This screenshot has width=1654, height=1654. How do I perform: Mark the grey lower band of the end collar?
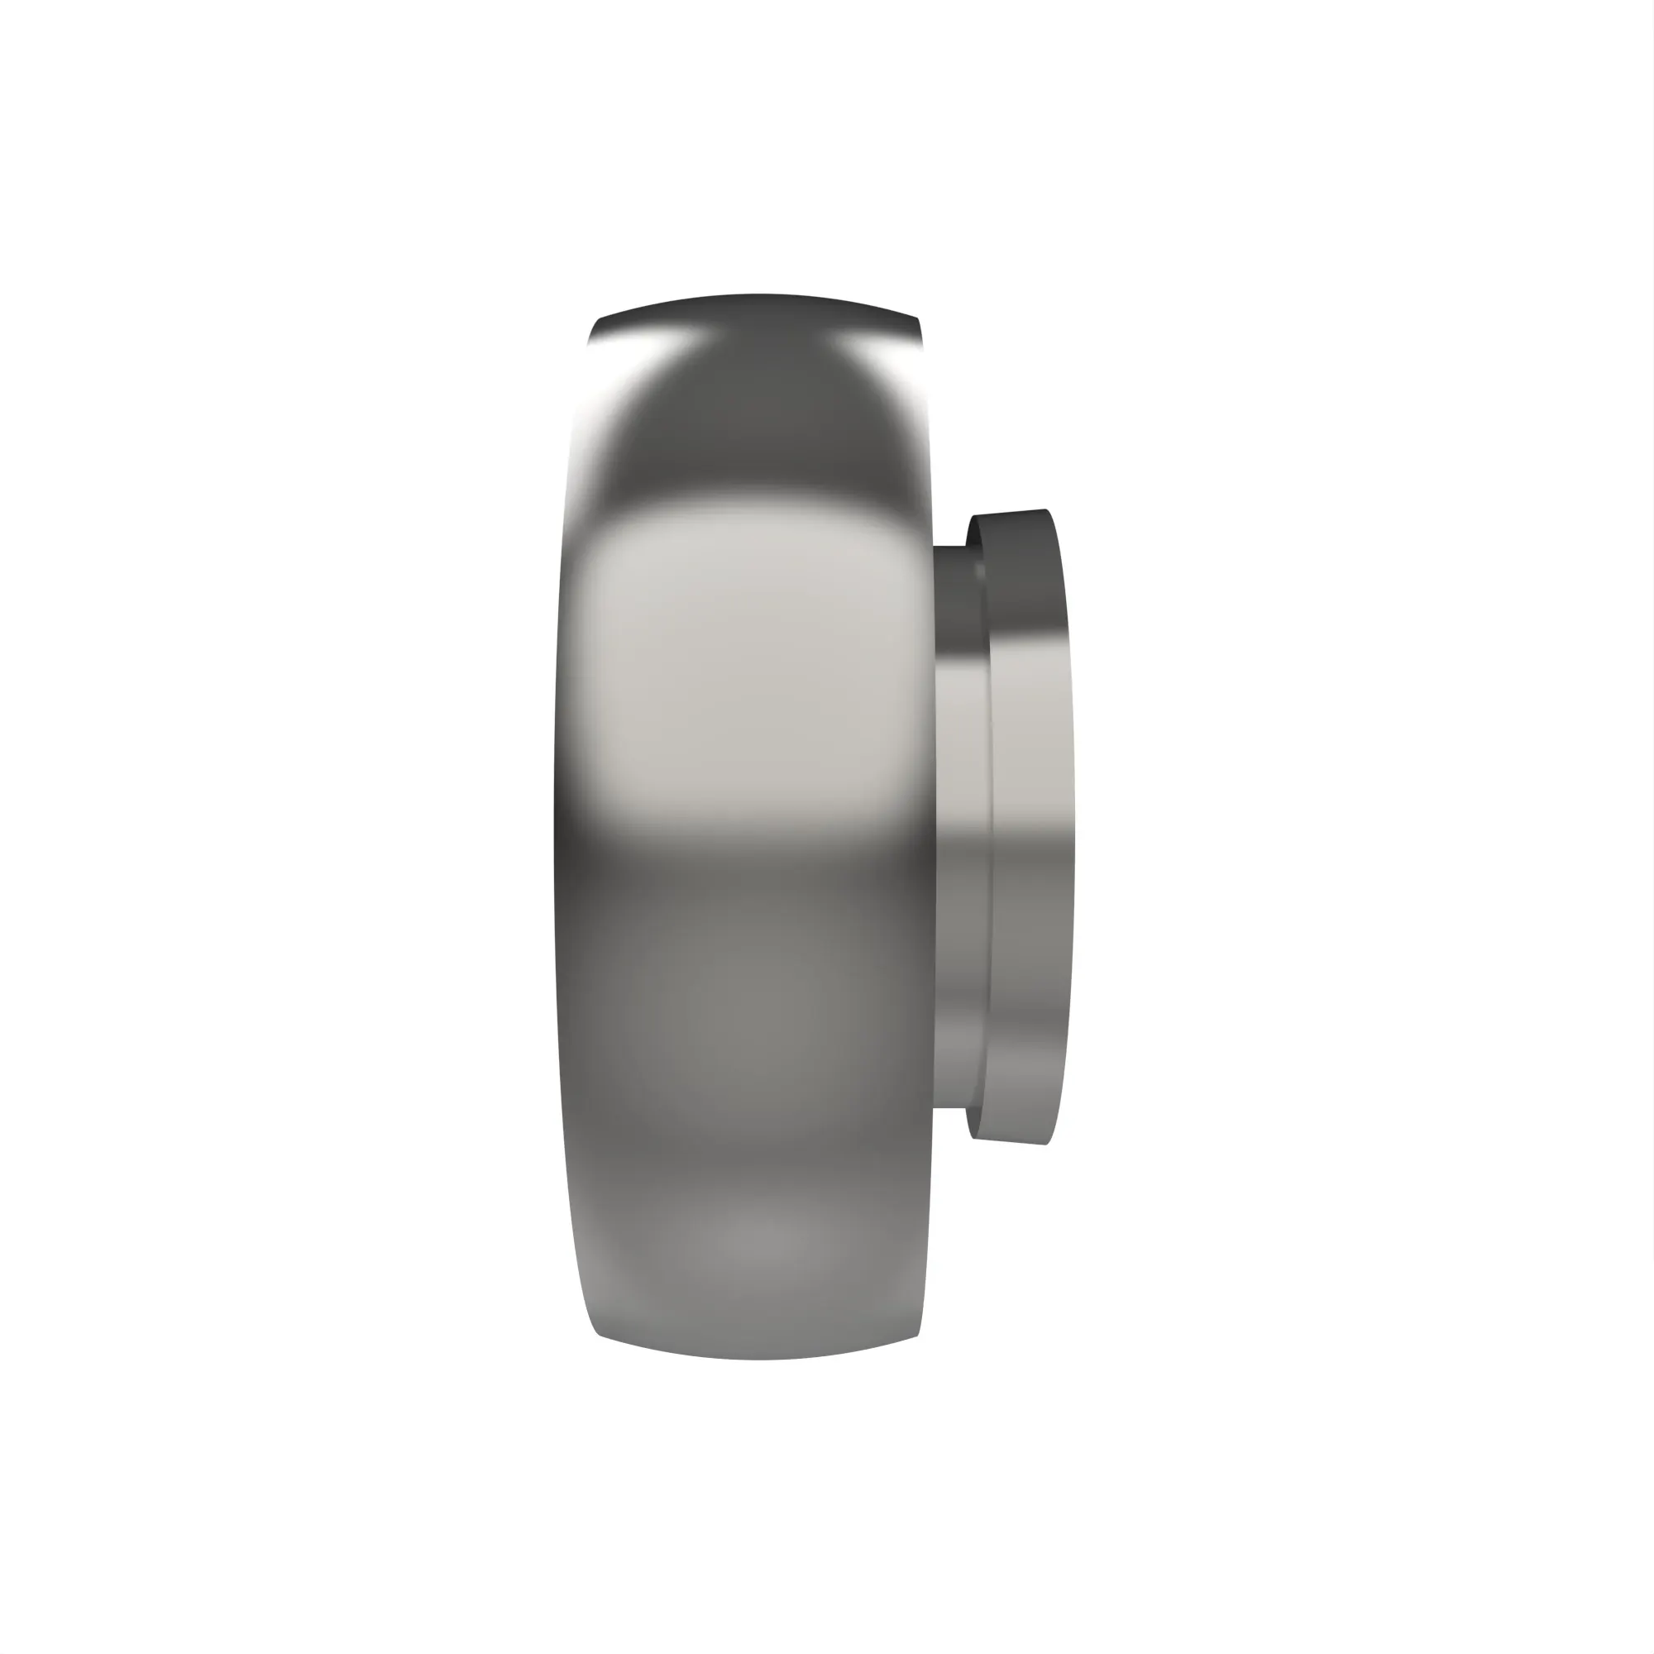pyautogui.click(x=1027, y=984)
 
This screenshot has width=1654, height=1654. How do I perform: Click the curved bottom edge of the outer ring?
pyautogui.click(x=758, y=1358)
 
